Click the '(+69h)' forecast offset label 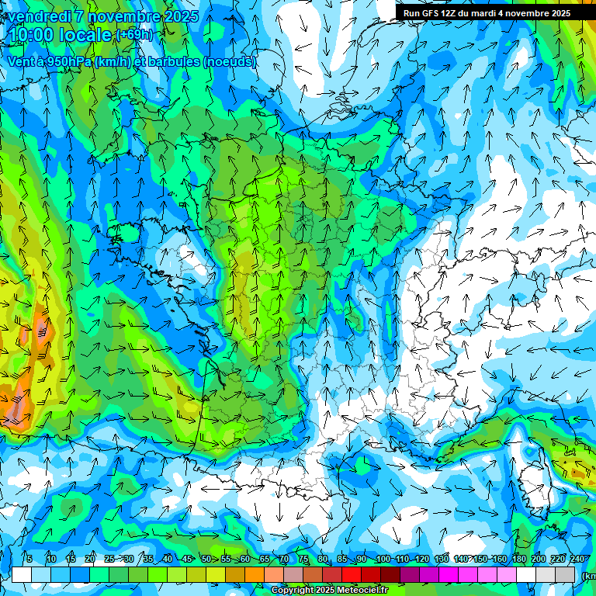point(134,35)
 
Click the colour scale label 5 point(29,560)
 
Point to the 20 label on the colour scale point(90,560)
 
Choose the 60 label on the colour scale point(245,560)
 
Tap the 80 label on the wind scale point(323,560)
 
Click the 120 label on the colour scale point(422,560)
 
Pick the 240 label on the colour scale point(577,560)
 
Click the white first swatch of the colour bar point(22,575)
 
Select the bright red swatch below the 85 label point(352,575)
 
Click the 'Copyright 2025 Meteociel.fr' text point(330,591)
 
